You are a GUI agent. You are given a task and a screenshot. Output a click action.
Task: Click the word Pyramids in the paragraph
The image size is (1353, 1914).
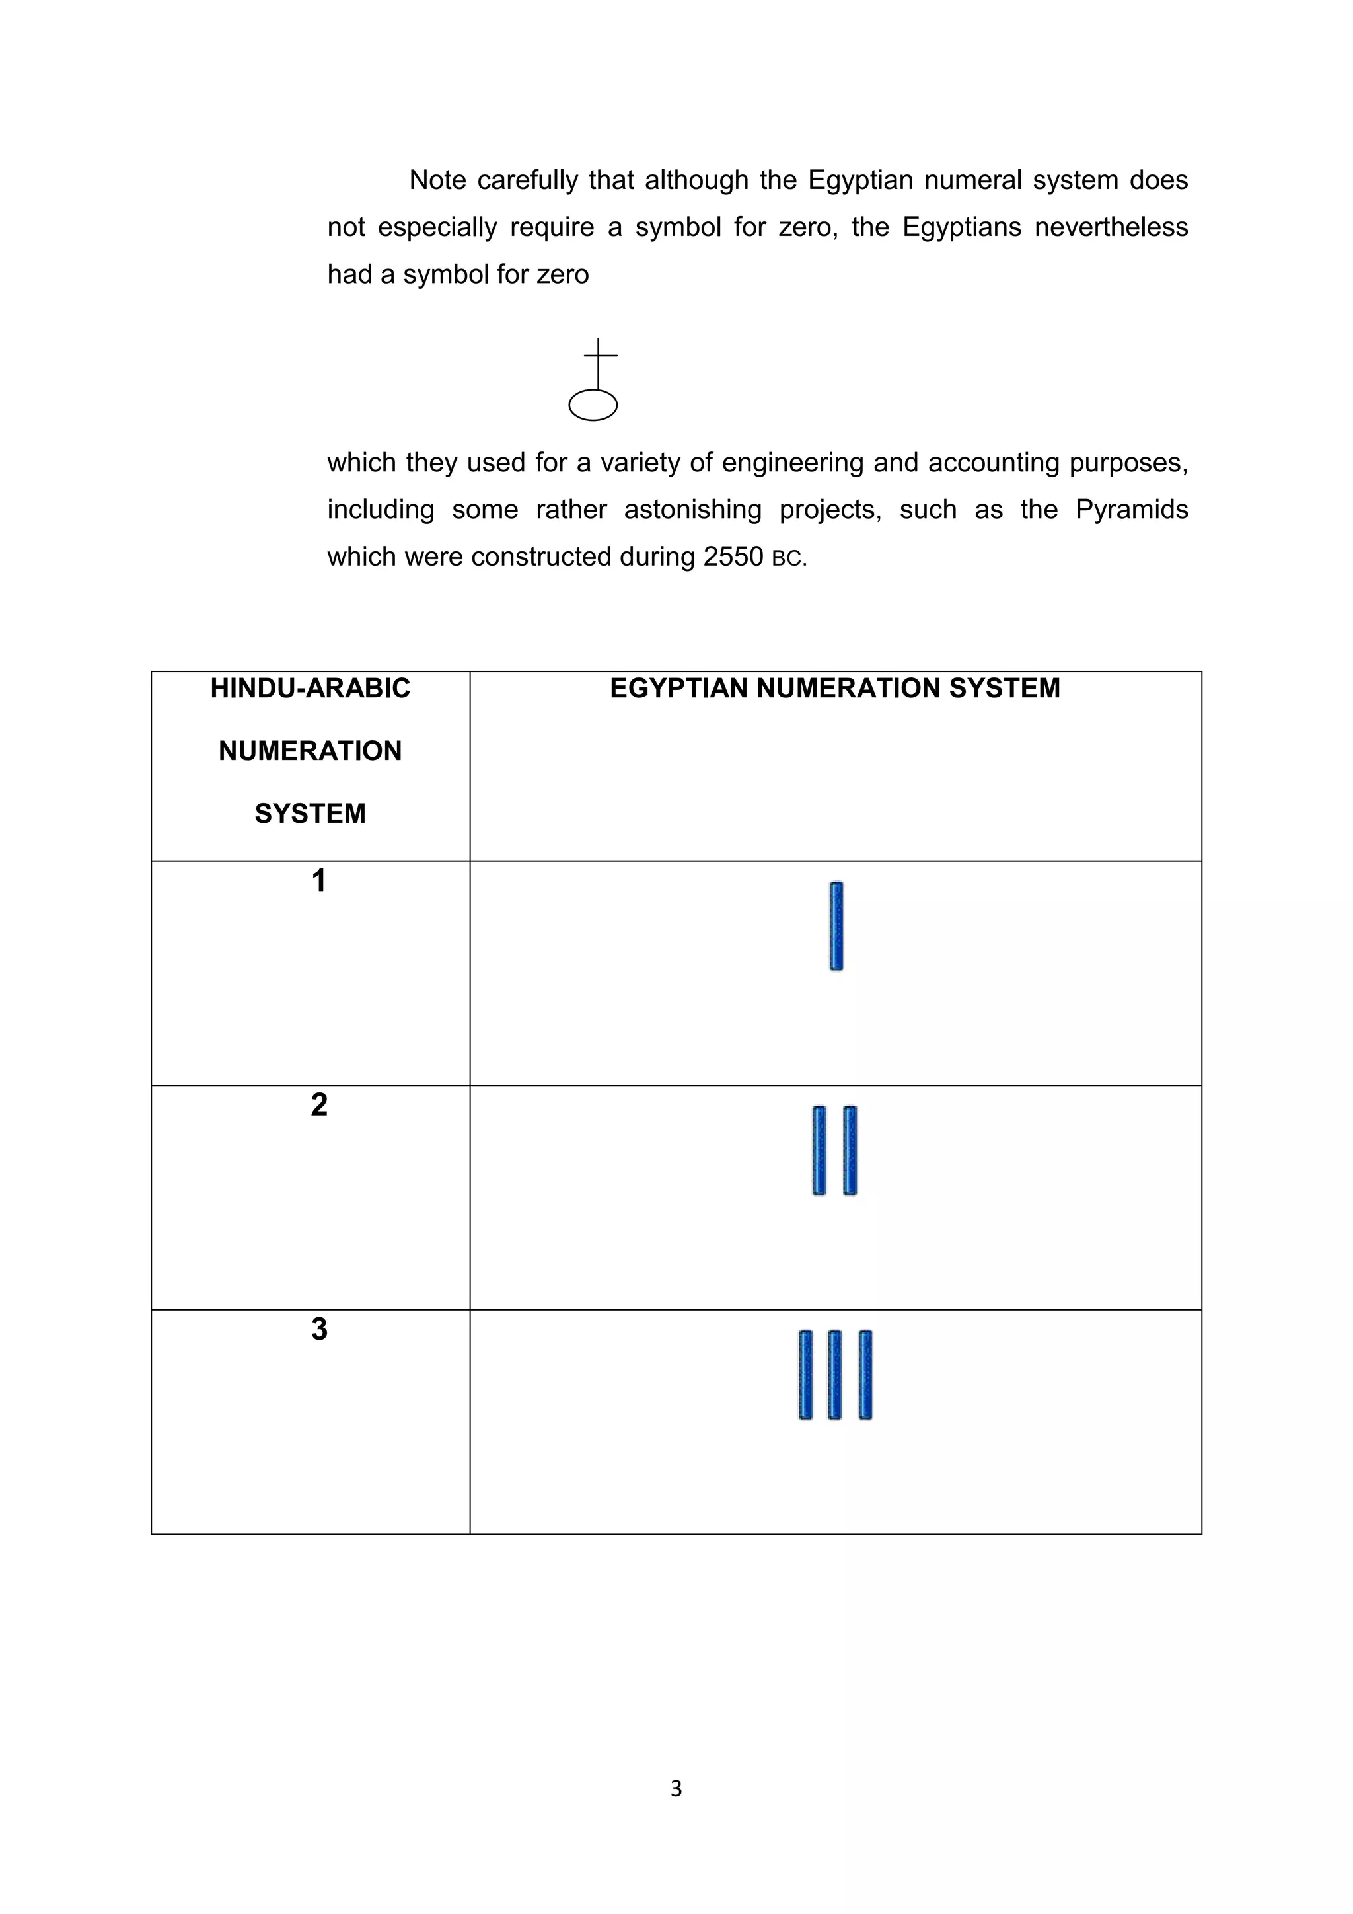(x=1132, y=510)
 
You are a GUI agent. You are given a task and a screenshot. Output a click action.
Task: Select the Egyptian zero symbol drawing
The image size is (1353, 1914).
(x=594, y=380)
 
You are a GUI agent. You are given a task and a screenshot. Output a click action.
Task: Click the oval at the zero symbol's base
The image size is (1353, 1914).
(x=593, y=405)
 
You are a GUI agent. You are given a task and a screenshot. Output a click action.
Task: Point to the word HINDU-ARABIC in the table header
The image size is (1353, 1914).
(x=310, y=689)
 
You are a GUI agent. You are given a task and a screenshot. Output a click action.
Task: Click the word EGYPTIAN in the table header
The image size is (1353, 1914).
(x=679, y=689)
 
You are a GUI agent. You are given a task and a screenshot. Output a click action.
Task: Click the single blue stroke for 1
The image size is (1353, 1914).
(x=836, y=926)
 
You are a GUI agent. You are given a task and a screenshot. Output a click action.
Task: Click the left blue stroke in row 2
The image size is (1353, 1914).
(x=820, y=1151)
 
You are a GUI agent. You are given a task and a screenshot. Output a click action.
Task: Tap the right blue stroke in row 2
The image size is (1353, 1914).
(x=850, y=1151)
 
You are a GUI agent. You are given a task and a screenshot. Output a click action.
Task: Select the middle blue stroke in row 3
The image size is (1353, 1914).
(x=835, y=1375)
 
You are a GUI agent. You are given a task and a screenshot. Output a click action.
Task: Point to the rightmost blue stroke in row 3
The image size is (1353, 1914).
(x=865, y=1375)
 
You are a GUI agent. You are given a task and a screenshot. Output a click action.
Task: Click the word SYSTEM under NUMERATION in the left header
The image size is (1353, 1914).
(x=310, y=814)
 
